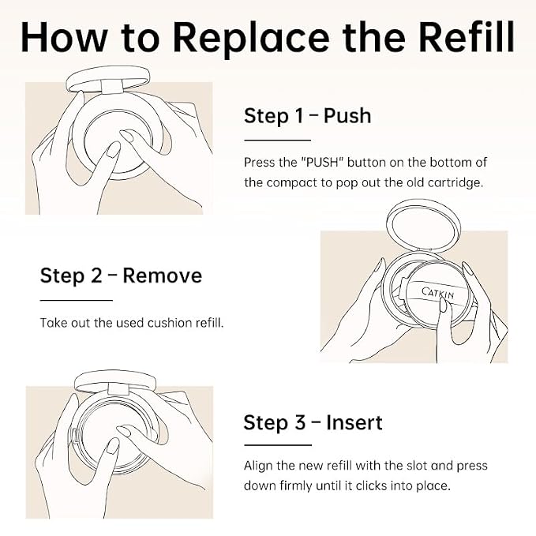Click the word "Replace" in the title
pos(251,38)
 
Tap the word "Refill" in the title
pos(467,36)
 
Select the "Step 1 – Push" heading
pos(307,115)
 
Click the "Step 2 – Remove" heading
pos(121,275)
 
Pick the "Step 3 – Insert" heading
pos(313,422)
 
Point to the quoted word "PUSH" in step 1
pos(322,162)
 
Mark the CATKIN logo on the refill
pos(437,294)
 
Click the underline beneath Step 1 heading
pos(277,141)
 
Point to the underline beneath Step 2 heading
pos(77,301)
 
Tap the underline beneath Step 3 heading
pos(278,445)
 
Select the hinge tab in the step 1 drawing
pos(112,87)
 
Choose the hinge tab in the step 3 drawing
pos(118,389)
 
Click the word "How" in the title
pos(64,37)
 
